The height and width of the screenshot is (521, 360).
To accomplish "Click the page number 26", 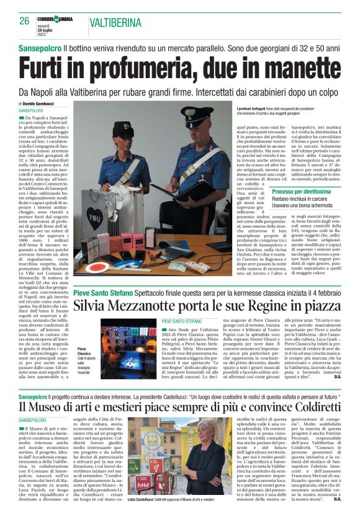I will pyautogui.click(x=24, y=20).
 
